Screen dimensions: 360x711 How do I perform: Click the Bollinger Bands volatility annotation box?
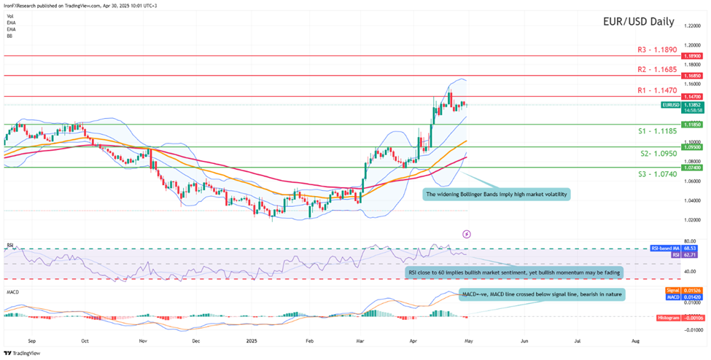pyautogui.click(x=495, y=195)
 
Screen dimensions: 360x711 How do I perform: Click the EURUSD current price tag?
pyautogui.click(x=672, y=105)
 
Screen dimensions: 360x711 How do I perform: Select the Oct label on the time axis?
pyautogui.click(x=85, y=340)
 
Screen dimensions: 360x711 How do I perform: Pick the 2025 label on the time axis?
pyautogui.click(x=251, y=340)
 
